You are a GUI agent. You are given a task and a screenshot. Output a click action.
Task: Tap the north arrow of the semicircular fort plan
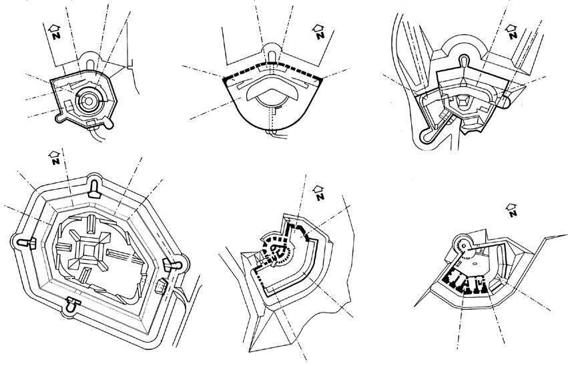click(x=318, y=31)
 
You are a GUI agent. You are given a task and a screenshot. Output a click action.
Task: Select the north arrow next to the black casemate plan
click(x=511, y=209)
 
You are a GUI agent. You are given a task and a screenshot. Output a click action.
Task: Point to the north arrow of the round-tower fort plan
click(x=55, y=30)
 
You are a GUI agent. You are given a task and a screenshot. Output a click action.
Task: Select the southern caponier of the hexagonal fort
click(x=71, y=307)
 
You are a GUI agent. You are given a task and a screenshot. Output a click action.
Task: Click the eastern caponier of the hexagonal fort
click(x=176, y=265)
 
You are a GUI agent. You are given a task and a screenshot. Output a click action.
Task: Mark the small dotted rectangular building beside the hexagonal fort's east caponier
click(x=160, y=287)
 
